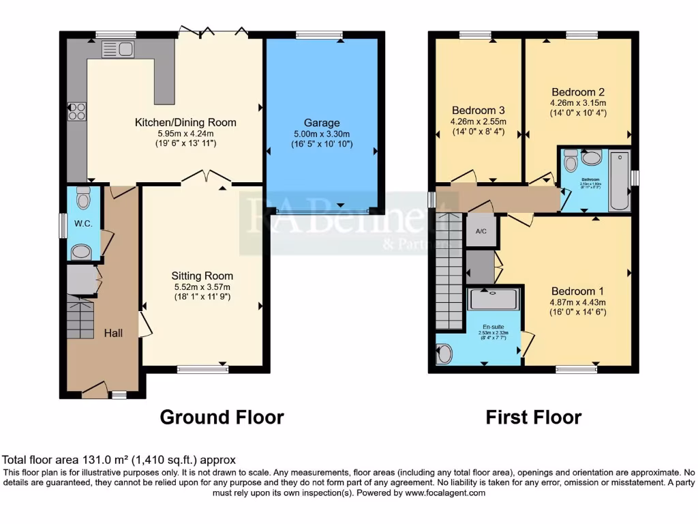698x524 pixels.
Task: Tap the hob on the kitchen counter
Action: click(76, 111)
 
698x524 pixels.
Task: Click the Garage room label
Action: click(321, 123)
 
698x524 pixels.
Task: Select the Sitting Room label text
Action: click(202, 276)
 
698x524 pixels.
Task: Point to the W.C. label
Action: click(82, 223)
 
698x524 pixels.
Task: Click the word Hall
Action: click(113, 333)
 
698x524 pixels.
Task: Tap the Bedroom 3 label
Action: click(478, 110)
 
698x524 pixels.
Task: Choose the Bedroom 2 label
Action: click(578, 91)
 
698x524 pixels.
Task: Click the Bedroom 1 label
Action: click(578, 289)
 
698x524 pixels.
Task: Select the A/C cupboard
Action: click(481, 231)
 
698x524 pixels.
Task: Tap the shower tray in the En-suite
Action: click(494, 299)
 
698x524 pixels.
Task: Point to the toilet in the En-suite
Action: click(444, 353)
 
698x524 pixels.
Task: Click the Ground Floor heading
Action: click(222, 417)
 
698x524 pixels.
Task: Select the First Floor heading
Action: click(534, 417)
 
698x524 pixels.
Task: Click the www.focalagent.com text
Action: click(444, 493)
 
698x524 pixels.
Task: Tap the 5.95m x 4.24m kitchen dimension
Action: click(185, 133)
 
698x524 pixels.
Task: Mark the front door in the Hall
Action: click(95, 390)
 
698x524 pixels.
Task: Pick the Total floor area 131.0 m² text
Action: click(119, 461)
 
